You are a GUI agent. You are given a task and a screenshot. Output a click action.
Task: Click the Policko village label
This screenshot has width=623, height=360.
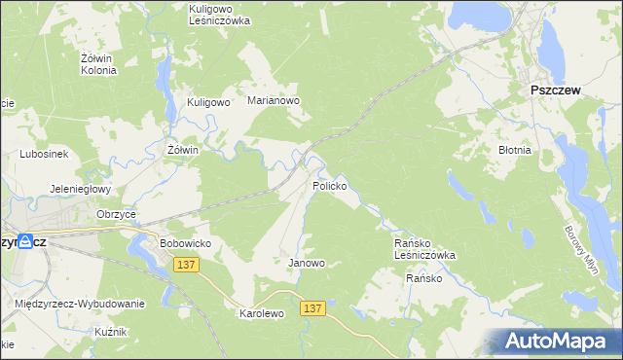[x=329, y=185]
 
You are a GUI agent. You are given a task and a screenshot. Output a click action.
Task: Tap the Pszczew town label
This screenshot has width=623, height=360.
[x=555, y=90]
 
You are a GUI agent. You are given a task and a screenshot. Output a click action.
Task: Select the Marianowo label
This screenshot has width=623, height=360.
[x=274, y=100]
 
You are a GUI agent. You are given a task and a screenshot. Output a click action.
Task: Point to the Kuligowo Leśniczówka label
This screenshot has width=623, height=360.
[x=220, y=14]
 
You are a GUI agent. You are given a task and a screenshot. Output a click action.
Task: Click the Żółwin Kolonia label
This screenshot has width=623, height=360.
[x=98, y=64]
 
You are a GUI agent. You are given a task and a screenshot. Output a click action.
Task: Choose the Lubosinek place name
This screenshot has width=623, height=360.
[x=42, y=154]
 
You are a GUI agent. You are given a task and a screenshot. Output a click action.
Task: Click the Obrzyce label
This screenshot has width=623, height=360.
[x=115, y=214]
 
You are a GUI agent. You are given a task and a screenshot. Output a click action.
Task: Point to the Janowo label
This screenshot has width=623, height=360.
[x=306, y=263]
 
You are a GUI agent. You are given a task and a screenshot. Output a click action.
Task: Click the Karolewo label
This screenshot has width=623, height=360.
[x=261, y=314]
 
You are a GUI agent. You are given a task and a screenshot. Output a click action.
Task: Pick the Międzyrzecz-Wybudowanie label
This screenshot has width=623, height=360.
[x=80, y=304]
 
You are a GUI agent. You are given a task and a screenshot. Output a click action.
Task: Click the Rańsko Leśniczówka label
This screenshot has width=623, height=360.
[x=423, y=249]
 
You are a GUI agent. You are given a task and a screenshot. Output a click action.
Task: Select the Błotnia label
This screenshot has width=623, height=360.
[x=514, y=151]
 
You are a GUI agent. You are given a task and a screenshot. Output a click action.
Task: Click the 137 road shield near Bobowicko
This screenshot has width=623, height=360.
[x=187, y=264]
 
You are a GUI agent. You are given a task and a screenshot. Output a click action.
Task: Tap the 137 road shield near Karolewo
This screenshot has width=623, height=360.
[x=311, y=307]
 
